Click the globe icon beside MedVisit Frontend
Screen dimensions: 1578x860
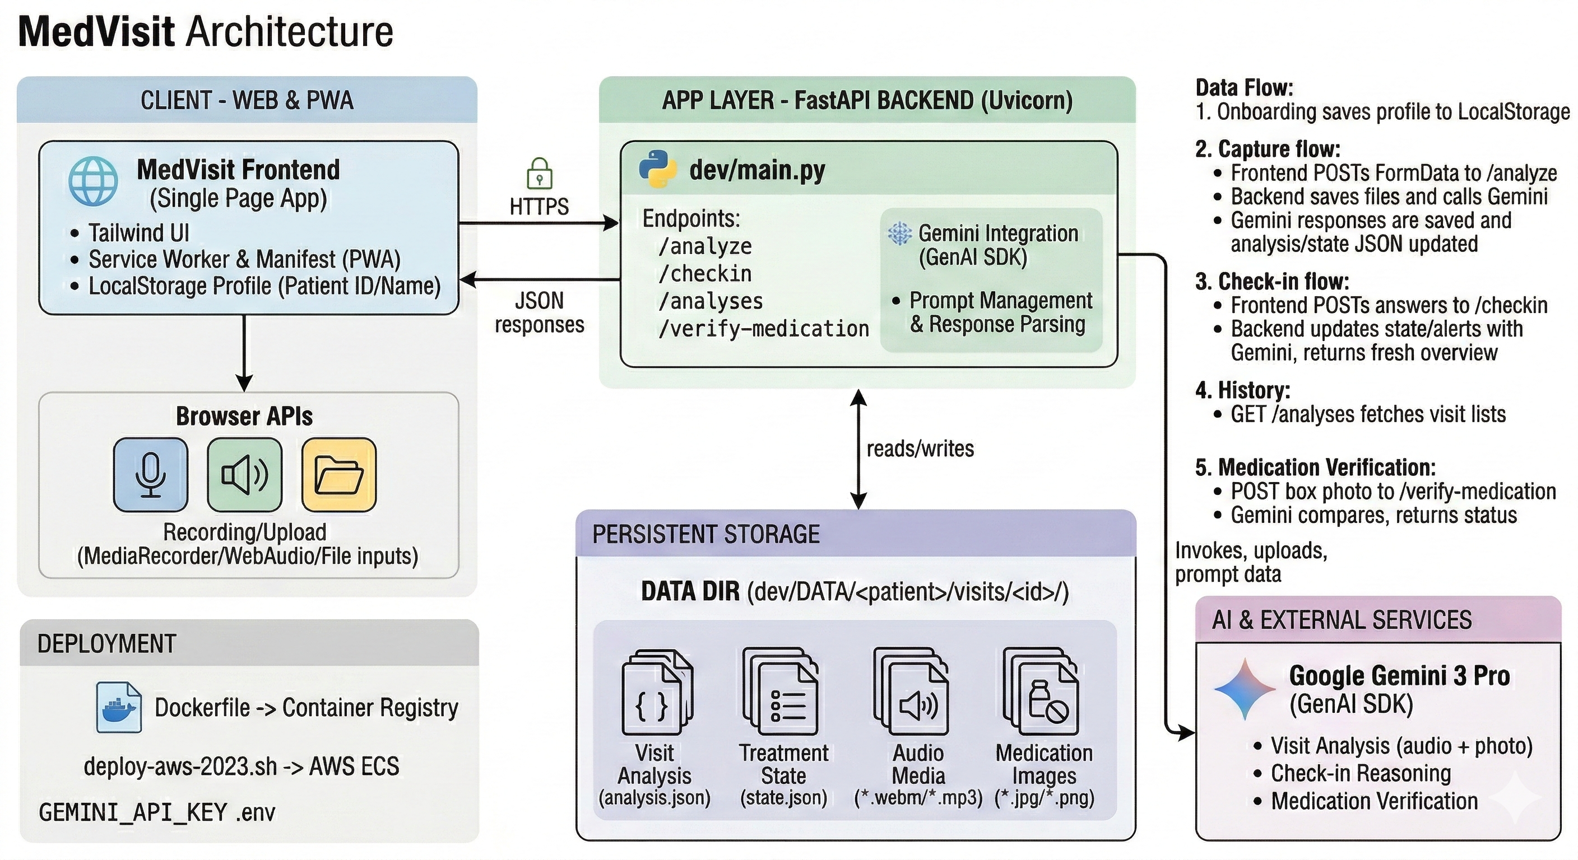coord(93,181)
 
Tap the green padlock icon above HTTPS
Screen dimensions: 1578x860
coord(539,173)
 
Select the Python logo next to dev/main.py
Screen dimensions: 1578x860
coord(658,169)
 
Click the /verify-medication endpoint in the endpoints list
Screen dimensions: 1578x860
coord(763,329)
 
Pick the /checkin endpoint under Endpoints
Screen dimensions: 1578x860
coord(704,274)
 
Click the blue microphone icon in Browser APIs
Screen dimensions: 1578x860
coord(151,474)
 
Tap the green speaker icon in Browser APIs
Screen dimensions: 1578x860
coord(244,474)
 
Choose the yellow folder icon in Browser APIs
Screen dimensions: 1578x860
coord(339,474)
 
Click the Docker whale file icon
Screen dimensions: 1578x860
coord(119,708)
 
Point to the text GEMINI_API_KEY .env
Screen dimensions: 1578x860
coord(157,812)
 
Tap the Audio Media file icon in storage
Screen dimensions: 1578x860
coord(912,691)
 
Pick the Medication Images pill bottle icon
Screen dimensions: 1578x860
coord(1041,691)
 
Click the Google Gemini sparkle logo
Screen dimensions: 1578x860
coord(1245,689)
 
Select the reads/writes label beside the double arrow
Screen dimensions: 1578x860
coord(920,448)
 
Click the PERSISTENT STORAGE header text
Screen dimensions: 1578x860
coord(706,534)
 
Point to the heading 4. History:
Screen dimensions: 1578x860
coord(1243,390)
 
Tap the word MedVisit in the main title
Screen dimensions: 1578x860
coord(97,31)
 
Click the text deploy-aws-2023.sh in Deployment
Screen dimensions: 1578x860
coord(180,766)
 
